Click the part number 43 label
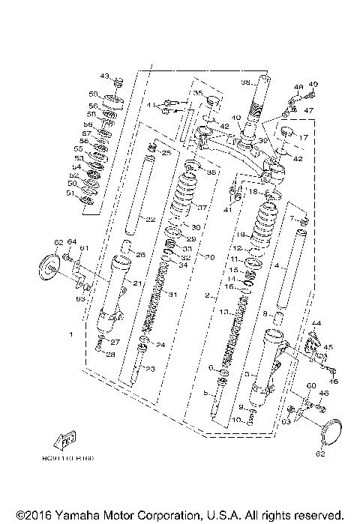coord(104,76)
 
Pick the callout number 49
coord(313,84)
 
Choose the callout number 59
coord(94,94)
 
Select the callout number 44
coord(316,323)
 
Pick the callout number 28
coord(110,355)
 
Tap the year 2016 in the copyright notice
coord(34,516)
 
